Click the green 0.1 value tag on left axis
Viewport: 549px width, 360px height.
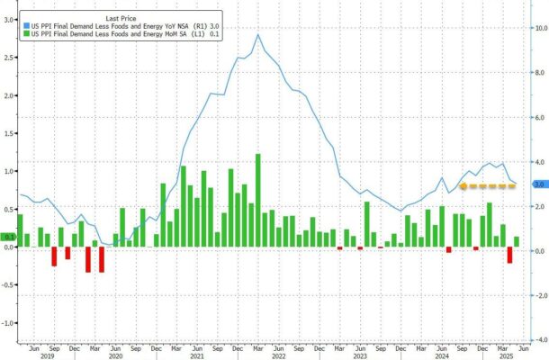click(x=10, y=238)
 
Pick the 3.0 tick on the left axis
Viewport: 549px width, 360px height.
click(x=8, y=19)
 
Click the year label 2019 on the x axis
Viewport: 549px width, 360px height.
click(x=47, y=356)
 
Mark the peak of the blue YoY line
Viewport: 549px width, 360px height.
click(x=258, y=34)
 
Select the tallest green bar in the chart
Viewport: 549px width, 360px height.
click(x=258, y=200)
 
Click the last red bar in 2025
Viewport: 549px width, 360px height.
click(x=510, y=255)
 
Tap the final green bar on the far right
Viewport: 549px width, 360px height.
click(x=517, y=241)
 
